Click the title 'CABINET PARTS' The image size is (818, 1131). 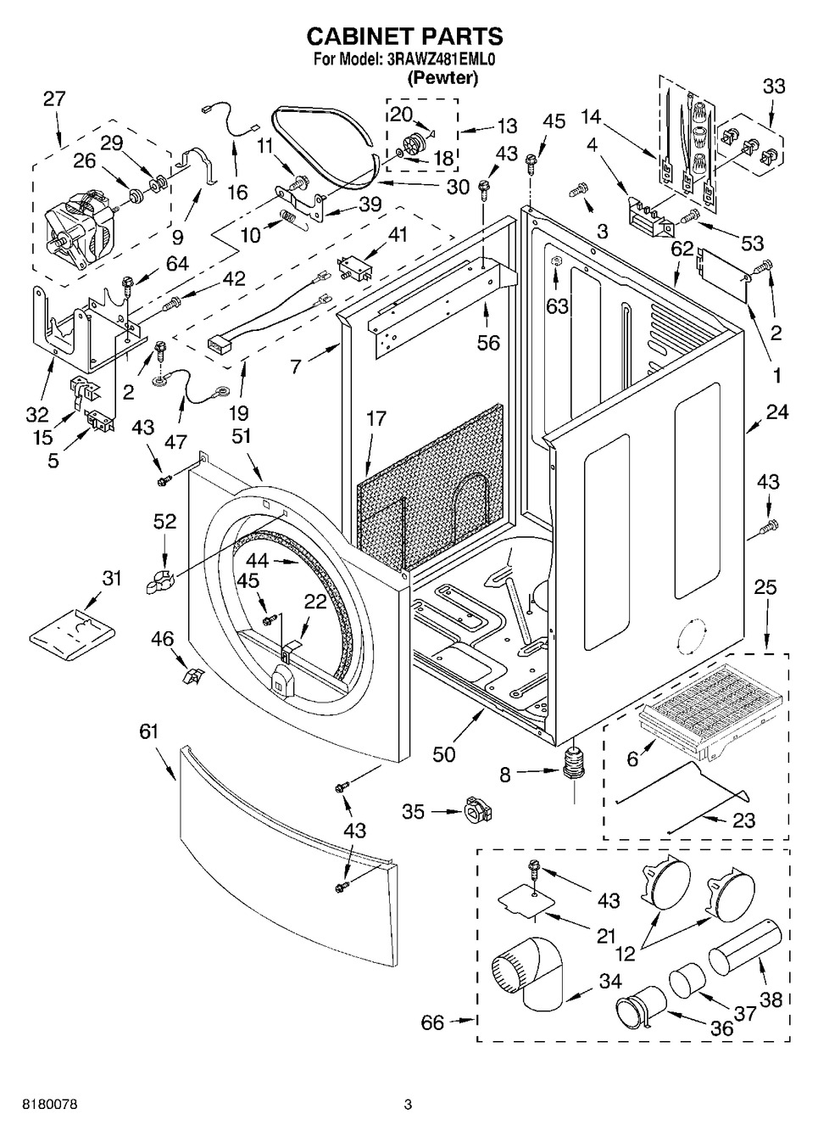point(404,36)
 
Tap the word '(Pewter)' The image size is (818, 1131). point(442,78)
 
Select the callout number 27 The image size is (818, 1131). point(53,98)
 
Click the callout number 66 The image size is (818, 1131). point(432,1022)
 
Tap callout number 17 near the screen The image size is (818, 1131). point(376,418)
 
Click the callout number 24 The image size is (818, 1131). point(776,412)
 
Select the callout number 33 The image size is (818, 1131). point(773,86)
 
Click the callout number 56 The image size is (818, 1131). point(488,343)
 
